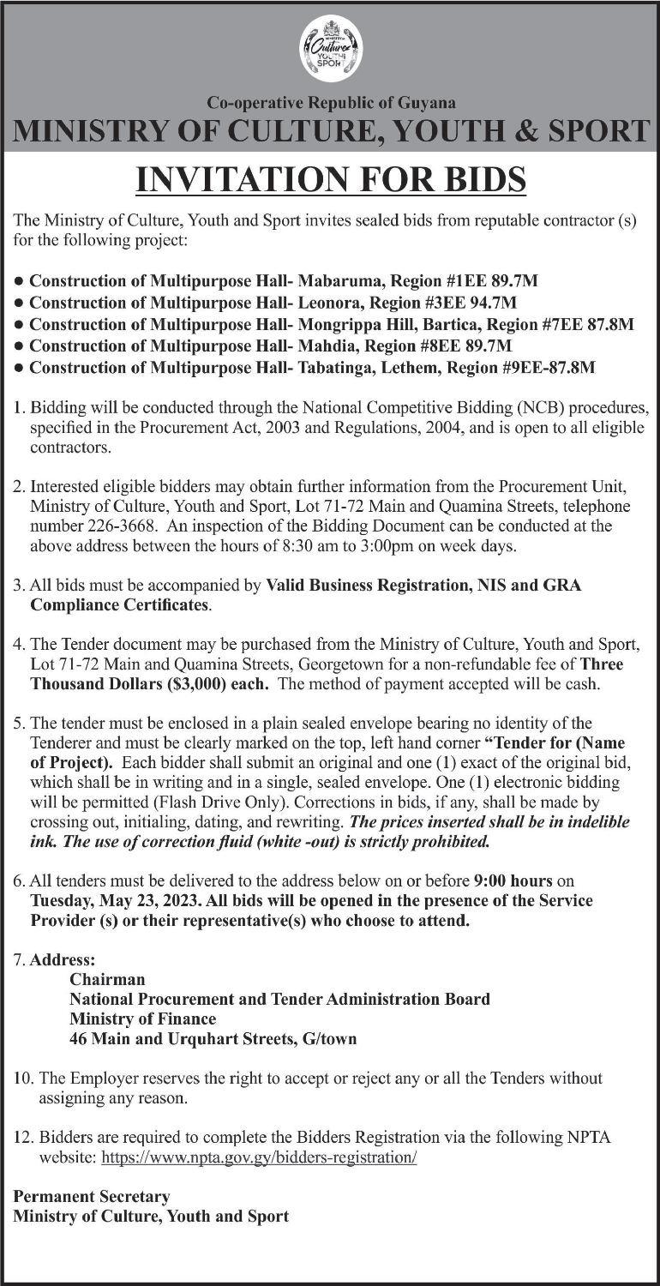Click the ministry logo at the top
click(x=330, y=49)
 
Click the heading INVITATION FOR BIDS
click(x=330, y=180)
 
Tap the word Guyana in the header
click(x=426, y=103)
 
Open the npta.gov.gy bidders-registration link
click(x=259, y=1157)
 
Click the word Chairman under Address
click(x=107, y=979)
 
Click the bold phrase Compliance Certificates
click(x=120, y=605)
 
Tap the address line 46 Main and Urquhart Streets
click(x=213, y=1039)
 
